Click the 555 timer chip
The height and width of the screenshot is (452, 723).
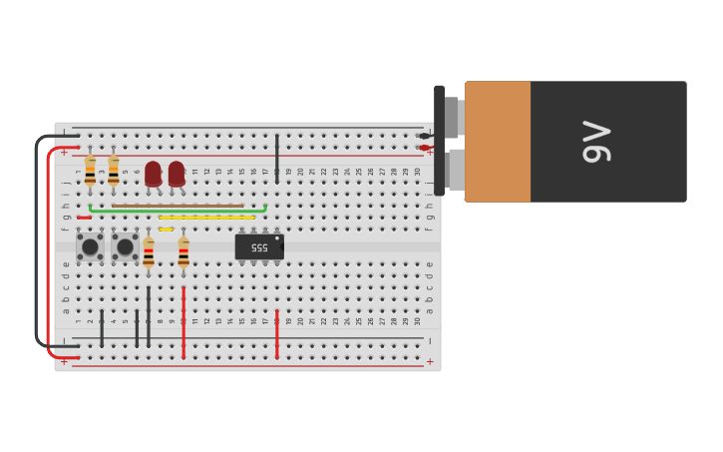(x=259, y=246)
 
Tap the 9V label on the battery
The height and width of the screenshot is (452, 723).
(x=595, y=142)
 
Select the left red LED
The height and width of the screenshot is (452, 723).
(x=153, y=174)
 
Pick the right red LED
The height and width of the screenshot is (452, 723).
(x=177, y=174)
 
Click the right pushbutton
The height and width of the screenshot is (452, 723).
(x=125, y=246)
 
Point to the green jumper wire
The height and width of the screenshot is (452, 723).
(x=178, y=212)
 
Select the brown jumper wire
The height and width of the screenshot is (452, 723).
(x=178, y=206)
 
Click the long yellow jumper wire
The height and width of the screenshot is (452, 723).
(x=206, y=218)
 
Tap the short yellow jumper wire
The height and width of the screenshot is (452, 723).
(x=166, y=229)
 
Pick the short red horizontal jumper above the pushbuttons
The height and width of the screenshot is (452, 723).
(x=84, y=218)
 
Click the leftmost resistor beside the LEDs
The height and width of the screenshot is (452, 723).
(x=90, y=172)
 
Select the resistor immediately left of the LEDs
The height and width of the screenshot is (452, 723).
(x=113, y=172)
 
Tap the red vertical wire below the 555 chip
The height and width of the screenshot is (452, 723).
(x=277, y=334)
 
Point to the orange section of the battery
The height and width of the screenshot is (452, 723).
(x=497, y=142)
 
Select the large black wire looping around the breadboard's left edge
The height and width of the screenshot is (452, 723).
(x=38, y=239)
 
